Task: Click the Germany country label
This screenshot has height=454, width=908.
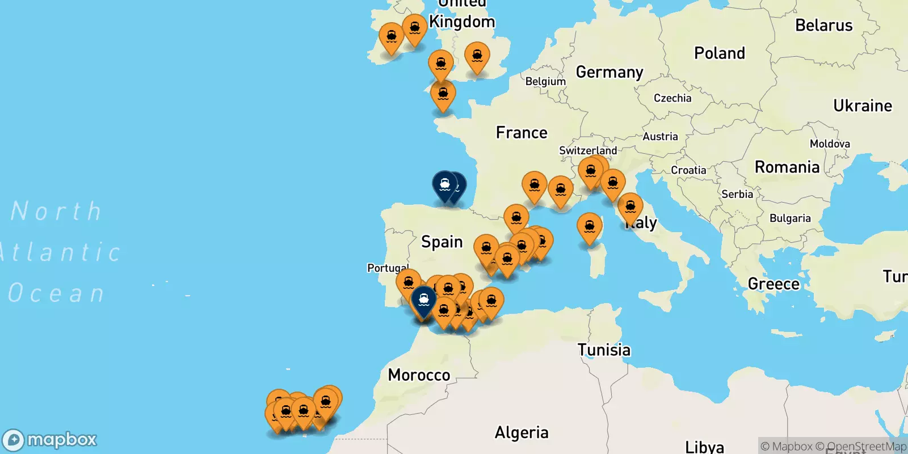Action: pyautogui.click(x=609, y=72)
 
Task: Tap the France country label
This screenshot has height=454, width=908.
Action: pyautogui.click(x=522, y=133)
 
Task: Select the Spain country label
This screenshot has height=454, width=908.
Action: pyautogui.click(x=442, y=242)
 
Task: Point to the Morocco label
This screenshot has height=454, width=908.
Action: pyautogui.click(x=419, y=375)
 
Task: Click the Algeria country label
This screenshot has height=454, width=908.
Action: pyautogui.click(x=522, y=433)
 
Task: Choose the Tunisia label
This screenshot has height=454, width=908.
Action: pyautogui.click(x=604, y=350)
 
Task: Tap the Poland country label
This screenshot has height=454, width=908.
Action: pyautogui.click(x=720, y=53)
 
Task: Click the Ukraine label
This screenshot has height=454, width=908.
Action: pyautogui.click(x=863, y=106)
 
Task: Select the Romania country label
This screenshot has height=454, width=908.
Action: pyautogui.click(x=787, y=167)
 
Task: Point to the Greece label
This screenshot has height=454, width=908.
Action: pyautogui.click(x=774, y=284)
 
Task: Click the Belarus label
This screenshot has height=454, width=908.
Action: pyautogui.click(x=823, y=26)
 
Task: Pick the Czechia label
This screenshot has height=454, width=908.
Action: pyautogui.click(x=672, y=98)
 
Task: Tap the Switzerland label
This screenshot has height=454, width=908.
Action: pyautogui.click(x=588, y=150)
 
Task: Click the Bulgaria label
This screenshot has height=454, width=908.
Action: pyautogui.click(x=790, y=218)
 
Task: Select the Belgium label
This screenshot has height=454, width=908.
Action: pyautogui.click(x=545, y=81)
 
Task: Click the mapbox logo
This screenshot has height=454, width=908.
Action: pyautogui.click(x=50, y=440)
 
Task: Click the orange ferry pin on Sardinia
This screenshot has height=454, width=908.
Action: pyautogui.click(x=590, y=227)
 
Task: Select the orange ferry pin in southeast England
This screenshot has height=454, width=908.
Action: pyautogui.click(x=477, y=56)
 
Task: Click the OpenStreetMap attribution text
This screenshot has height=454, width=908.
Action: pyautogui.click(x=867, y=447)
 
